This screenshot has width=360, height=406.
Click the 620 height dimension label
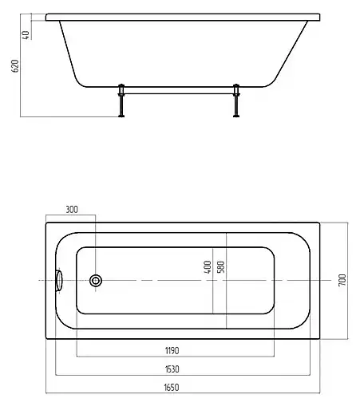[x=15, y=66]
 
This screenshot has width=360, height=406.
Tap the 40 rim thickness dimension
[x=26, y=35]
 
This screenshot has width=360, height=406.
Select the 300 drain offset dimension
[x=72, y=210]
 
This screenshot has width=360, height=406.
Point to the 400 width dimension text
[x=208, y=266]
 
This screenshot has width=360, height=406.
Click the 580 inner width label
[x=221, y=267]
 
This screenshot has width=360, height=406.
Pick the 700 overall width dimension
[x=342, y=280]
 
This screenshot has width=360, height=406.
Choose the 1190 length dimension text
[x=172, y=350]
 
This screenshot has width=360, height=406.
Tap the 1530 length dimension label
[x=172, y=369]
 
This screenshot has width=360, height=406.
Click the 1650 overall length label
[x=172, y=388]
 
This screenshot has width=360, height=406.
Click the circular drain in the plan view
[x=96, y=281]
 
